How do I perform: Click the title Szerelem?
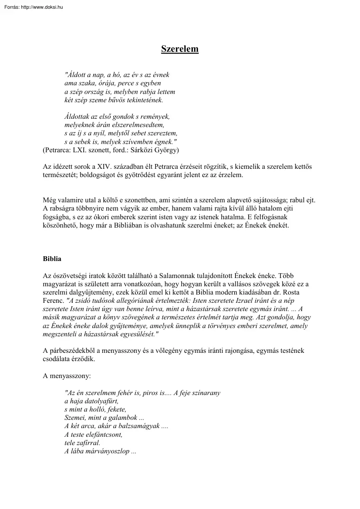180,49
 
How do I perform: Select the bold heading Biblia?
52,259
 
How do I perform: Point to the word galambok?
116,418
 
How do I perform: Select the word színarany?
205,393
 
